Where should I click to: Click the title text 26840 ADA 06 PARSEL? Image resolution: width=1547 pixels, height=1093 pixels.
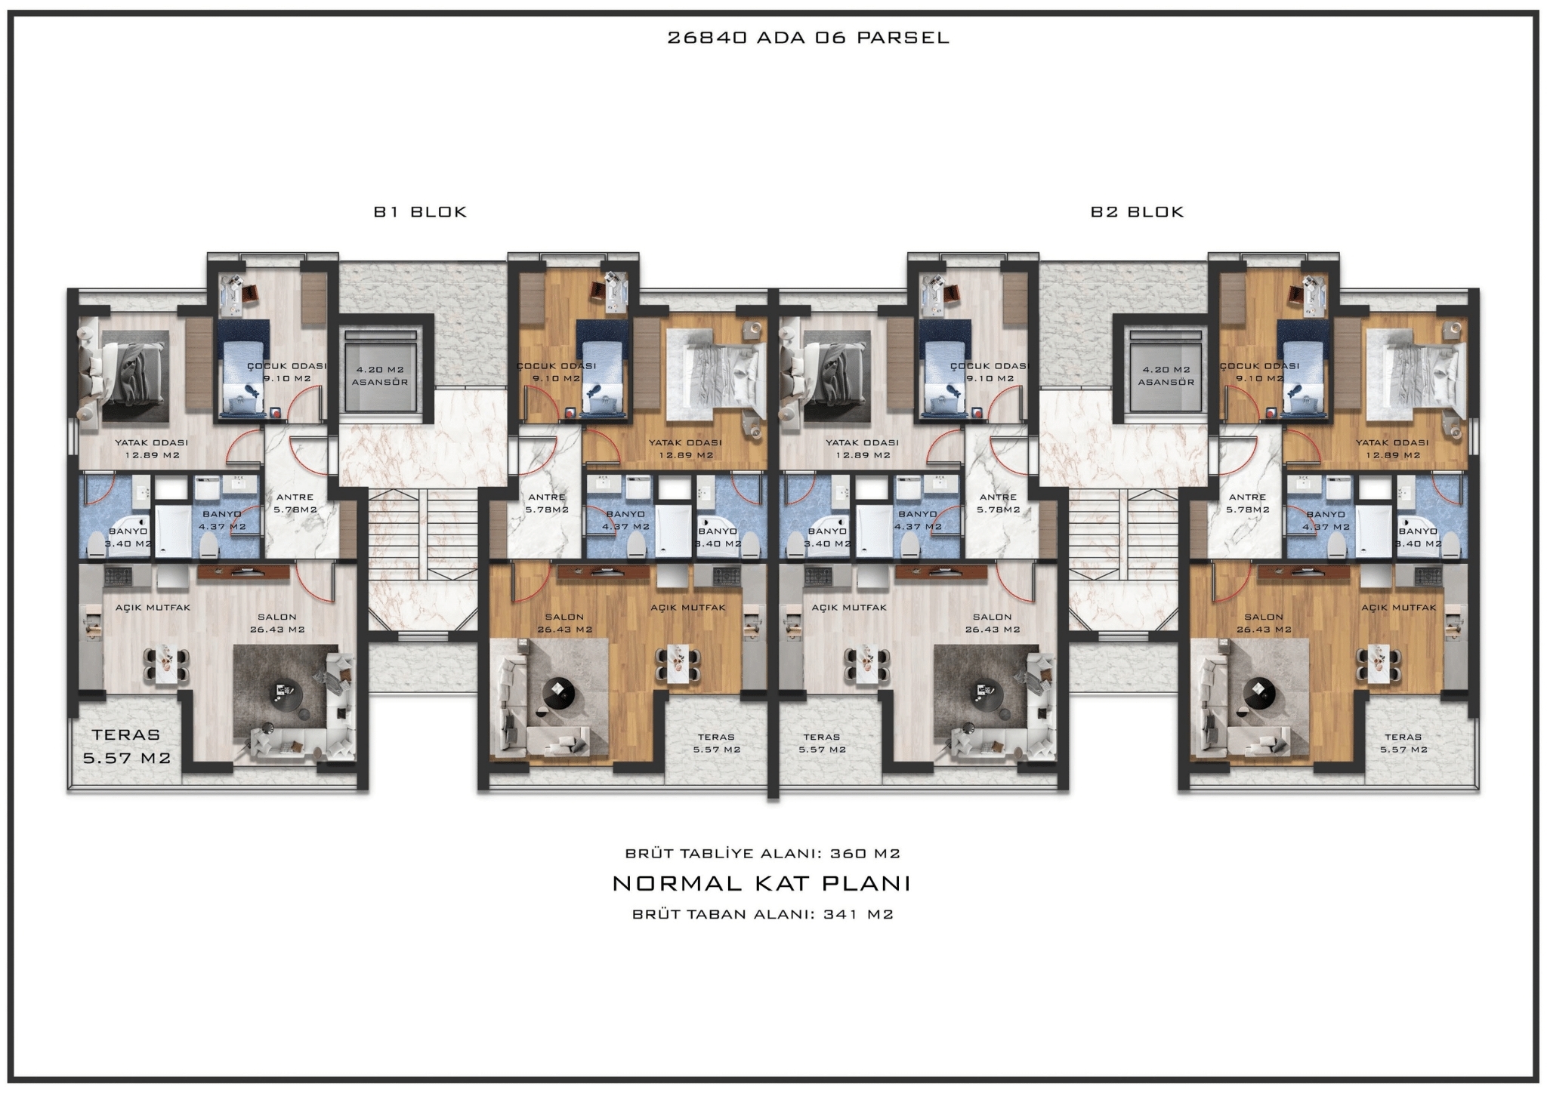807,38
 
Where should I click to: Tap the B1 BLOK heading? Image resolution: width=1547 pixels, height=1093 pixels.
421,212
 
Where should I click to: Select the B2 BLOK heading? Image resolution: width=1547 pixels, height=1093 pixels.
1137,212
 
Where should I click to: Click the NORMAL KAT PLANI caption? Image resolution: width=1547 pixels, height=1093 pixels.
761,883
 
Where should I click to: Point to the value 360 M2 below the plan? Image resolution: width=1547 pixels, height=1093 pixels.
865,854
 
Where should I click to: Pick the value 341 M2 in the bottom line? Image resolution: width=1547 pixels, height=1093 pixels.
859,914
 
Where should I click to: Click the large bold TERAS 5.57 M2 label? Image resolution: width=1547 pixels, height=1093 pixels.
127,746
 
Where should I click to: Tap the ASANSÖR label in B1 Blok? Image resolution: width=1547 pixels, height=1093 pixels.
380,382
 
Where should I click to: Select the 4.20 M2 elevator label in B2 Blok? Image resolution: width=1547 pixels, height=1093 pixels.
1166,370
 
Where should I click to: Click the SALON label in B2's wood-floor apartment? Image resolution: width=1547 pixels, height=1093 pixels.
1264,617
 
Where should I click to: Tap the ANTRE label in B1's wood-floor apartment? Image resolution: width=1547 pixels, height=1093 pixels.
547,497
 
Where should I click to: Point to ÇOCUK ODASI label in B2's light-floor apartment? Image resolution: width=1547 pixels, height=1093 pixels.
990,366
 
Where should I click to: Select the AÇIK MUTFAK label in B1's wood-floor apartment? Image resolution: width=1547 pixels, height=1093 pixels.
688,608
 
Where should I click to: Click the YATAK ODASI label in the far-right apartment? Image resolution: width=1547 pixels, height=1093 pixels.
1392,443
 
